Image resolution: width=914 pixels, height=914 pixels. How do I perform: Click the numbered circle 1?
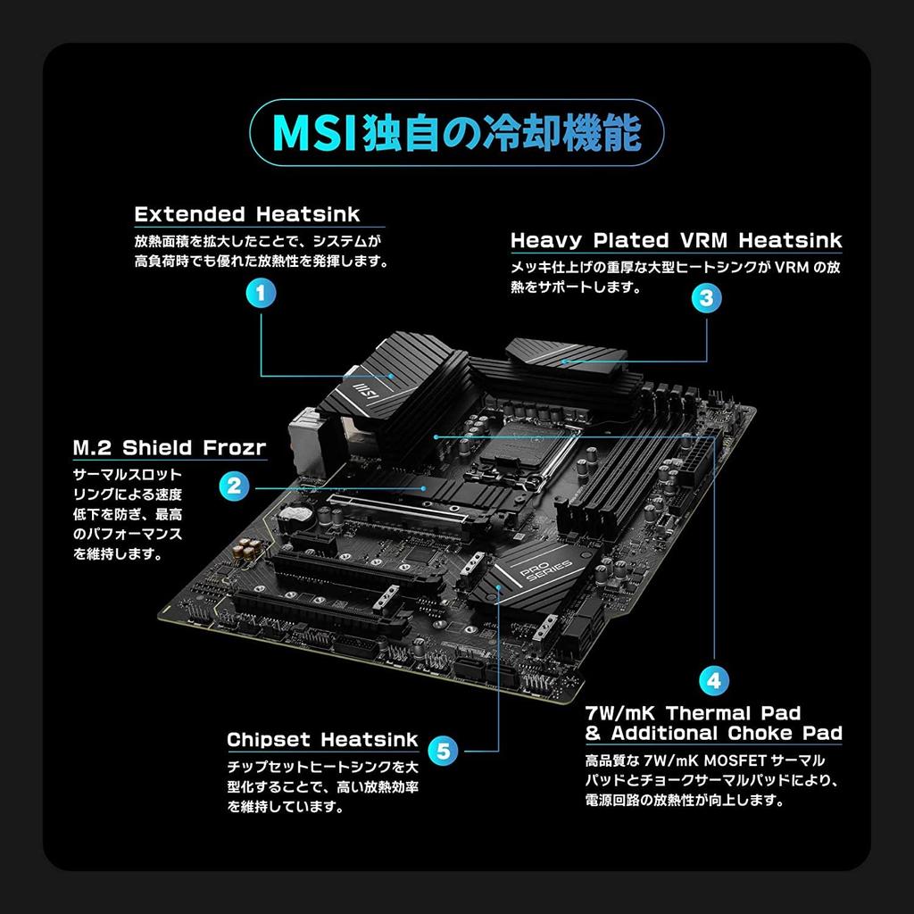tap(259, 292)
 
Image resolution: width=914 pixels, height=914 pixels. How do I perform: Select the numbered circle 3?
tap(706, 298)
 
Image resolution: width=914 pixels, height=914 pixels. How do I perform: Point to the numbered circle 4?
tap(713, 680)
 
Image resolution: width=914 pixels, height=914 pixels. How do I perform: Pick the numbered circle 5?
tap(444, 750)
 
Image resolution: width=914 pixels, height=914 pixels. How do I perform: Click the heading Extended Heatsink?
tap(247, 214)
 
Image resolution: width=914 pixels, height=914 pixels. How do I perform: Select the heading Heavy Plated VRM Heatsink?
tap(676, 240)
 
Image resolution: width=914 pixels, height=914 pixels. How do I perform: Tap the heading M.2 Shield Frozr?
tap(169, 447)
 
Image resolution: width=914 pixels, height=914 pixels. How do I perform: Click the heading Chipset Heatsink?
tap(321, 740)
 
